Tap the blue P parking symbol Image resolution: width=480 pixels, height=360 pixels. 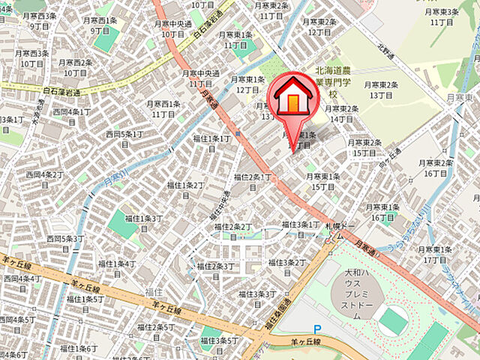pyautogui.click(x=316, y=328)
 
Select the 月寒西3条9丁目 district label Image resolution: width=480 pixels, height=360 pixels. pyautogui.click(x=39, y=20)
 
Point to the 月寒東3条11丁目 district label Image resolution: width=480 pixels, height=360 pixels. pyautogui.click(x=442, y=16)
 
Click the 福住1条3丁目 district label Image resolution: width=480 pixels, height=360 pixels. pyautogui.click(x=143, y=223)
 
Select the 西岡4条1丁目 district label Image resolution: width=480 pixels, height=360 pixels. pyautogui.click(x=73, y=117)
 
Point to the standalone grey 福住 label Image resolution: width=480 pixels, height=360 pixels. pyautogui.click(x=154, y=291)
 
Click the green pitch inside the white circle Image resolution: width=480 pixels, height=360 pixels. pyautogui.click(x=394, y=322)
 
